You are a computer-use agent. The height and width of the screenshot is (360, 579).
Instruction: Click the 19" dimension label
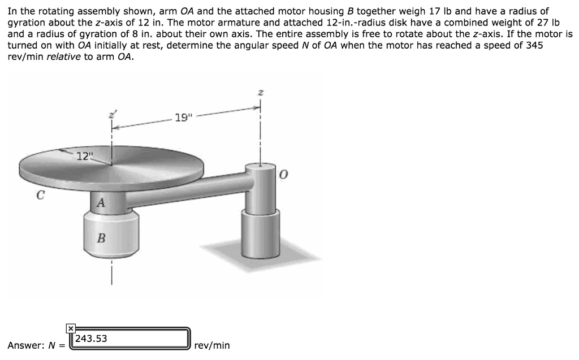pos(184,118)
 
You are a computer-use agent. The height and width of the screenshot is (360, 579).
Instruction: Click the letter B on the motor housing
pos(101,238)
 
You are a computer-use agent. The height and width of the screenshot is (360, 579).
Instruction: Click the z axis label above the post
pos(260,93)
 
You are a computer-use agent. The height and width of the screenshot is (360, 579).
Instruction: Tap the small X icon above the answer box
pos(70,328)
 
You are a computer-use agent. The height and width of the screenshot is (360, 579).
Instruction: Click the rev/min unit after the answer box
pos(211,345)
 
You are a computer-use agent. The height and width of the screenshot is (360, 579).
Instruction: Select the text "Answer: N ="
pos(36,345)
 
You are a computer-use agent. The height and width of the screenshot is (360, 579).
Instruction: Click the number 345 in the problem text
pos(534,46)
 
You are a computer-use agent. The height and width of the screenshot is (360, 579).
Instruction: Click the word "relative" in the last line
pos(63,57)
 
